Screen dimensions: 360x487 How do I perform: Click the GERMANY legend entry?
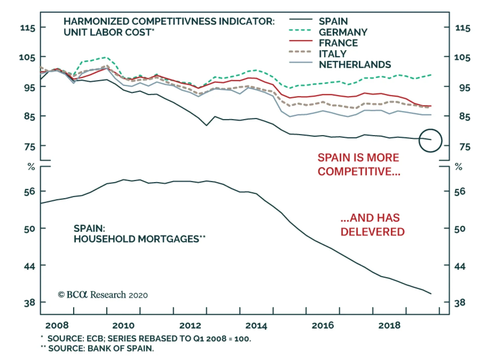point(343,32)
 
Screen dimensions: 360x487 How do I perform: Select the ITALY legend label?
point(332,54)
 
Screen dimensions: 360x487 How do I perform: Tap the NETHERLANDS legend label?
point(355,65)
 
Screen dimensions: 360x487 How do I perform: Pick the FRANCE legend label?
point(338,43)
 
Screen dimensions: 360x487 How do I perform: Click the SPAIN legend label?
point(333,21)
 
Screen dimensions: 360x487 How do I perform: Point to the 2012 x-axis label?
point(190,326)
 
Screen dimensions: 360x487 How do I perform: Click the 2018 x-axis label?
point(389,326)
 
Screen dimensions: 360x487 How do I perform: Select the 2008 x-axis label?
point(57,326)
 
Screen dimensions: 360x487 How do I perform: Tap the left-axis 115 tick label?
point(28,28)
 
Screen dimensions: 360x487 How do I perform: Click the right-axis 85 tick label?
point(464,117)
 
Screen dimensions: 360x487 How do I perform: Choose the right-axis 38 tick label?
point(460,303)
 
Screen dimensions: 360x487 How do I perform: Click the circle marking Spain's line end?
point(430,140)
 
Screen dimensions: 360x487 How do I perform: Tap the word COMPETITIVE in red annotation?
point(359,171)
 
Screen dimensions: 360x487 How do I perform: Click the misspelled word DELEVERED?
point(372,232)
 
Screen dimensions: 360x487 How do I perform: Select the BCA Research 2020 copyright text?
point(103,295)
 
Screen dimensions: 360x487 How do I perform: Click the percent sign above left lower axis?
point(31,167)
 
